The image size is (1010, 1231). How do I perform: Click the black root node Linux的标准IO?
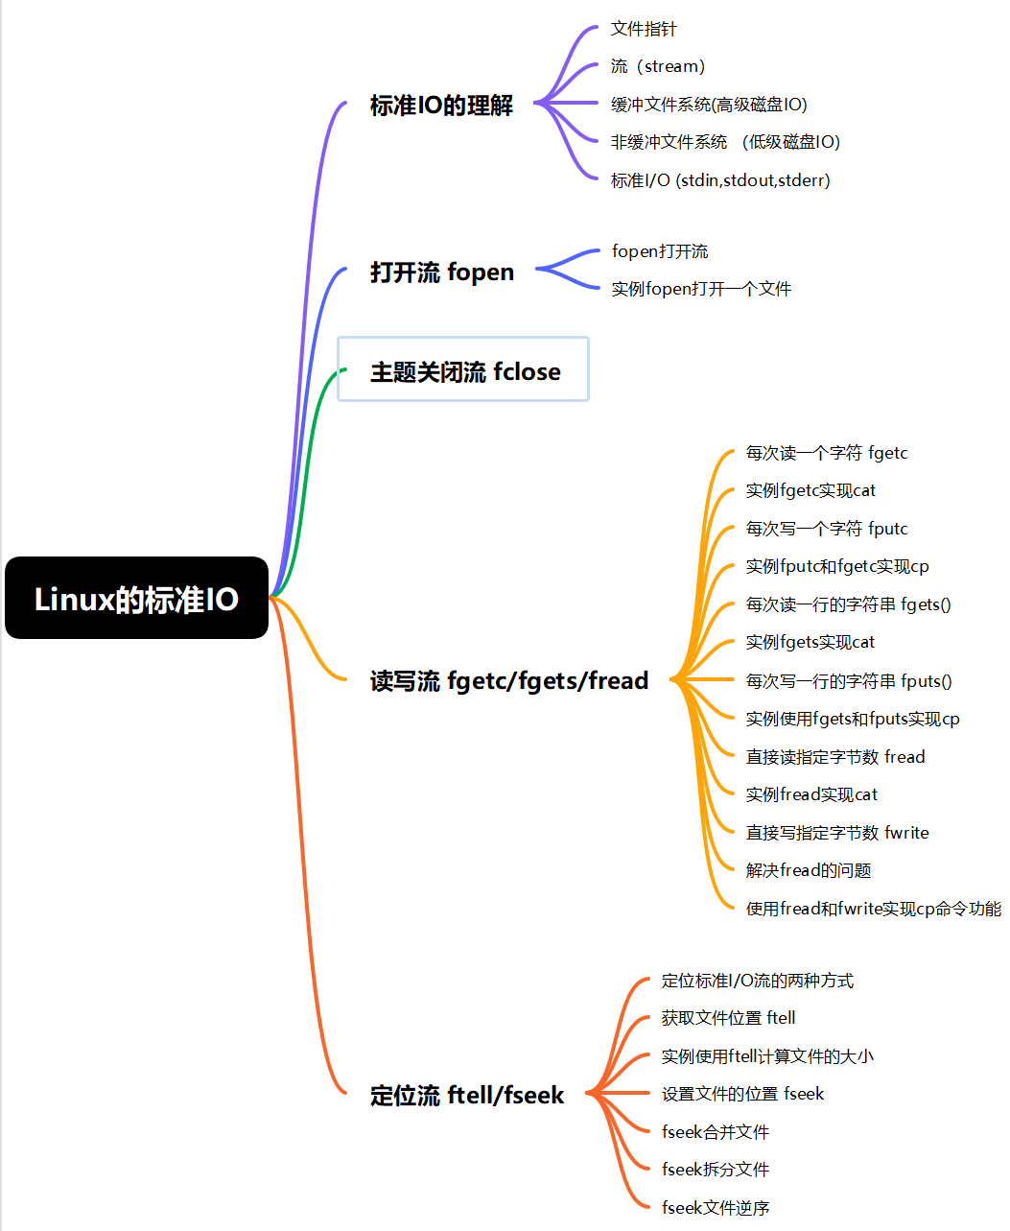(x=136, y=597)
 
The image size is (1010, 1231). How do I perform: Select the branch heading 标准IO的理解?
(x=441, y=106)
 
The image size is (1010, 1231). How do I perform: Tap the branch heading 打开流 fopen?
(x=441, y=272)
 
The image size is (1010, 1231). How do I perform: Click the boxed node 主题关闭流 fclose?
(x=463, y=368)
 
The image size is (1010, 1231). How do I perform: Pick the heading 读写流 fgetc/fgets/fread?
(x=509, y=680)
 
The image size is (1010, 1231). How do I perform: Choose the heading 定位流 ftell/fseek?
(x=467, y=1095)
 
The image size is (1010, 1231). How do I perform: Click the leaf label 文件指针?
(x=644, y=29)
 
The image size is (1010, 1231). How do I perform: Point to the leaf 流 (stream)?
(x=658, y=66)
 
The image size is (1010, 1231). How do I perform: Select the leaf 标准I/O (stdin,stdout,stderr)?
(x=720, y=180)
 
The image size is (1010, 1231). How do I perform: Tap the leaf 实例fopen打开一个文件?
(x=701, y=289)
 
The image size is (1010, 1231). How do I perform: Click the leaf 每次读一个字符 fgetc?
(x=827, y=453)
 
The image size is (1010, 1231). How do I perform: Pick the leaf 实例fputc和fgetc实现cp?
(x=837, y=566)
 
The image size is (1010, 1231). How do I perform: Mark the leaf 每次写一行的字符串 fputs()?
(x=849, y=681)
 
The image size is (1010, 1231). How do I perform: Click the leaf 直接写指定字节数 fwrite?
(x=837, y=833)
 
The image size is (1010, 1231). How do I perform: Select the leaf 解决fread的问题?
(x=809, y=870)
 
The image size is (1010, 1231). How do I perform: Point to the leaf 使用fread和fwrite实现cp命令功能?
(x=874, y=909)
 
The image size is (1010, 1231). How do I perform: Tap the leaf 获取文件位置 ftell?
(x=728, y=1018)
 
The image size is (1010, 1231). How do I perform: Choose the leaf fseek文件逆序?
(x=716, y=1208)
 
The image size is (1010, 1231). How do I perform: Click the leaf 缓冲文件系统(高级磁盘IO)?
(x=709, y=105)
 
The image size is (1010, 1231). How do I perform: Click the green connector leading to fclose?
(x=302, y=485)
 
